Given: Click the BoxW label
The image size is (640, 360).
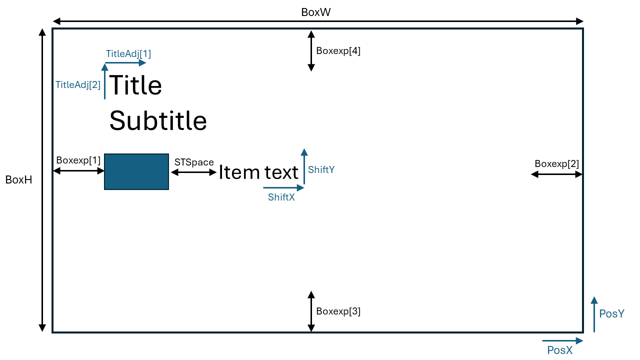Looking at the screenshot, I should click(315, 12).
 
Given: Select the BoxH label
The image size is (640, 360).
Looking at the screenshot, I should click(19, 180).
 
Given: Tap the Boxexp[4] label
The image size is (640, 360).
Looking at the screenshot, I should click(338, 50).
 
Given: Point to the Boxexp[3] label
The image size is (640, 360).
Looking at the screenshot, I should click(338, 311).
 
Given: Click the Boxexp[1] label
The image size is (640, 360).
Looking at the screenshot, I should click(78, 160).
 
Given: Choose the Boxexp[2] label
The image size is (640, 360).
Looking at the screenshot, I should click(556, 163).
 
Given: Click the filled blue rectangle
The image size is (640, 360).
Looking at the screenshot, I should click(136, 171).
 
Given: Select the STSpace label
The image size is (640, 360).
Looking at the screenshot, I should click(194, 162).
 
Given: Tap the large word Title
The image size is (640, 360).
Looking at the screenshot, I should click(135, 85).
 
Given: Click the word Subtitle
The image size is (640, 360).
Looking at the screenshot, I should click(158, 120).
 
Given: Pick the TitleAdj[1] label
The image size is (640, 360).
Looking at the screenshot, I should click(128, 53).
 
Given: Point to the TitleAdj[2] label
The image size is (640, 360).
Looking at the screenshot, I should click(78, 84).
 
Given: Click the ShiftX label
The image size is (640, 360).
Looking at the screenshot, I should click(281, 197).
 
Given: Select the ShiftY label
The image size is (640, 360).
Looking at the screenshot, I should click(321, 169).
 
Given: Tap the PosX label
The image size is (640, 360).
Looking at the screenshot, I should click(560, 350).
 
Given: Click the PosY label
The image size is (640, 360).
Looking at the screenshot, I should click(612, 313).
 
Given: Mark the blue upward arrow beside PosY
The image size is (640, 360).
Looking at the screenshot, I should click(594, 314).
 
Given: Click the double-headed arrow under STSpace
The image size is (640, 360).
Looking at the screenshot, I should click(194, 172).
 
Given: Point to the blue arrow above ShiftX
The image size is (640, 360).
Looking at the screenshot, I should click(283, 188).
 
